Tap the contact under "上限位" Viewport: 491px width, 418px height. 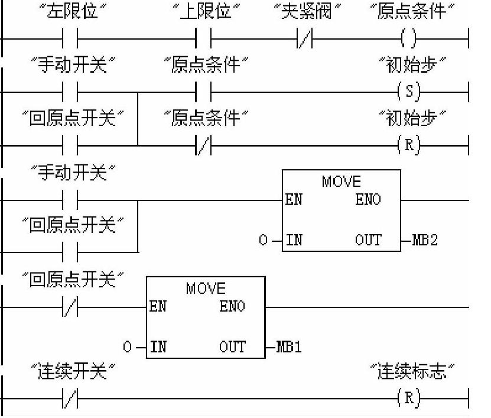click(x=203, y=40)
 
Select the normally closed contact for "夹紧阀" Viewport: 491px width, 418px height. click(x=305, y=40)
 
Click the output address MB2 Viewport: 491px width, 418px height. click(x=425, y=241)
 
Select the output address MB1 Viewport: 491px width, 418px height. click(x=289, y=347)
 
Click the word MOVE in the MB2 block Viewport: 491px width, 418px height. click(x=341, y=182)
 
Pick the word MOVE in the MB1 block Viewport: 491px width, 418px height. click(x=206, y=288)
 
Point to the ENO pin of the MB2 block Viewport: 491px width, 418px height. click(x=368, y=200)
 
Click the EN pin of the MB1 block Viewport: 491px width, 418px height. click(x=158, y=307)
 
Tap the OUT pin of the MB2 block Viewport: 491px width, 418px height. click(x=368, y=241)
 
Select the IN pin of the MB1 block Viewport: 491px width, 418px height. click(x=158, y=347)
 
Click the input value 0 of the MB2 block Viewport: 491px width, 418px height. click(x=264, y=241)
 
